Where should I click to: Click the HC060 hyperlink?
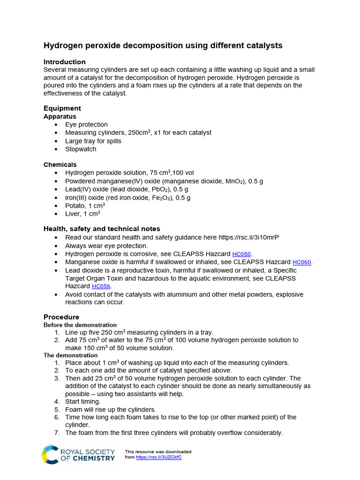301,262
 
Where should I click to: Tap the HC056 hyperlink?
102,286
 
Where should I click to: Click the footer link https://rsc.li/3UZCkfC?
158,457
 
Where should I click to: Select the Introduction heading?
65,62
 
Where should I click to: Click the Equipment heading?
62,108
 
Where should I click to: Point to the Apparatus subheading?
60,116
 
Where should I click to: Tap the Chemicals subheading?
60,165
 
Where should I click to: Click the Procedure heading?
61,317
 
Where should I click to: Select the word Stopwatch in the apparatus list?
81,149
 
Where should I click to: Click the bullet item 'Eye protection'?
86,125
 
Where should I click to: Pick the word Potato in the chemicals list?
75,206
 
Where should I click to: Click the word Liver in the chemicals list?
73,214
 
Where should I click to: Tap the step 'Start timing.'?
82,401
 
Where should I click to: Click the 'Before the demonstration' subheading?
80,325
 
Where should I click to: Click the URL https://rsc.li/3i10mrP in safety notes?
246,238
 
